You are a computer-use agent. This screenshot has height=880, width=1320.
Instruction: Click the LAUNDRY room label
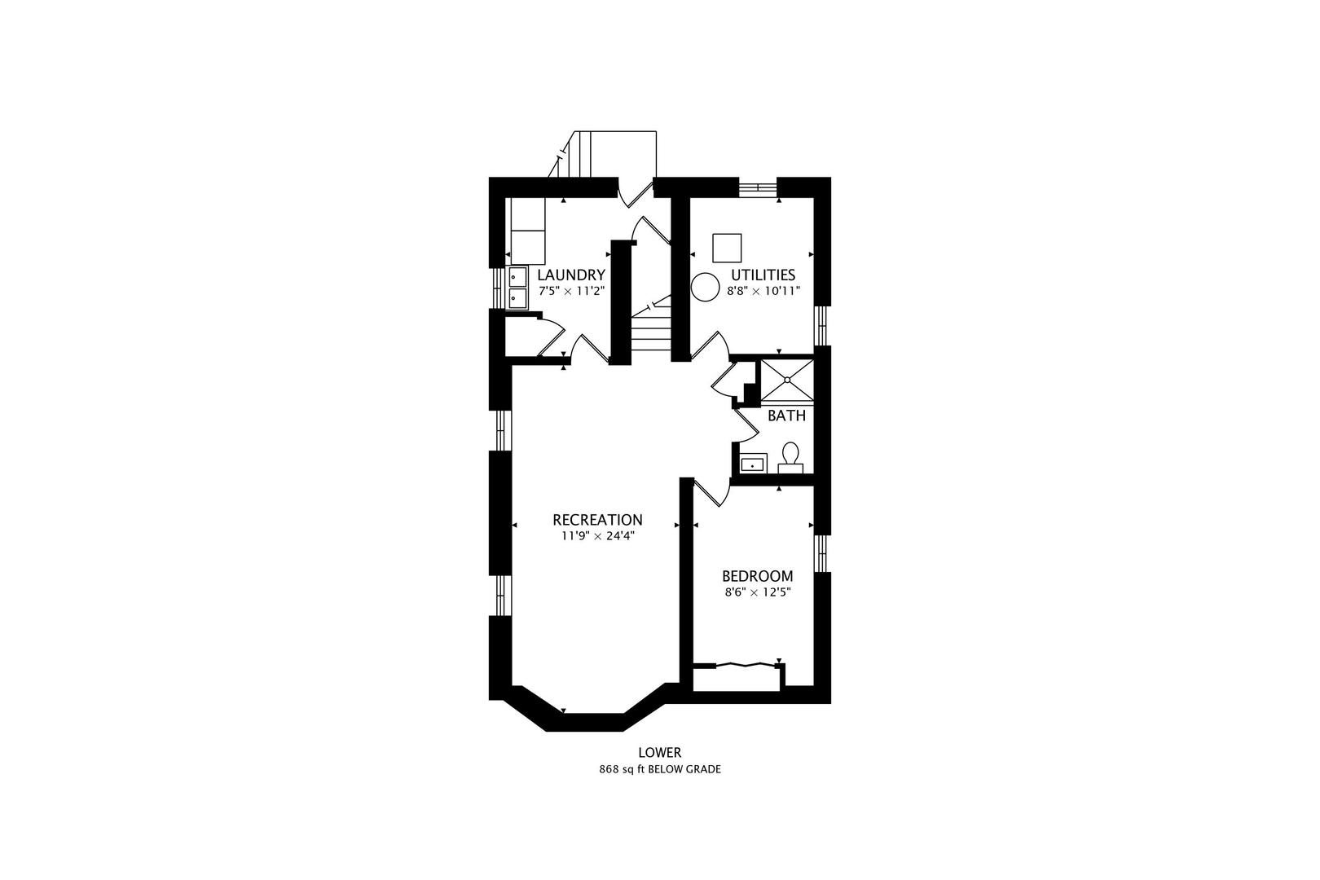571,275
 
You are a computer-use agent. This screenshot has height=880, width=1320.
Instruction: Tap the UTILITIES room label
763,275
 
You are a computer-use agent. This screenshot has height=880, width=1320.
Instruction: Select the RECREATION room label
597,520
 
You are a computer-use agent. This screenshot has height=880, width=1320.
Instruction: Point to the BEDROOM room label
758,576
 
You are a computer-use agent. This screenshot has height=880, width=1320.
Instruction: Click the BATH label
786,416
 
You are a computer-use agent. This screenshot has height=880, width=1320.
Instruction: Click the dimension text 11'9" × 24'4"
597,536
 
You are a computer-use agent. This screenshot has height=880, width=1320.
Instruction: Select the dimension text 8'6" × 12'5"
758,592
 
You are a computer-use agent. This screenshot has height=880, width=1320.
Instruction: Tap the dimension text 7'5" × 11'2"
572,291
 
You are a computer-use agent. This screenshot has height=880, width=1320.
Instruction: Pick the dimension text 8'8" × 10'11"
763,291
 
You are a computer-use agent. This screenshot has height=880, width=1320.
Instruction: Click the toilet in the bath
790,458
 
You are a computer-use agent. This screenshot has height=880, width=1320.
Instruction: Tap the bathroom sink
753,464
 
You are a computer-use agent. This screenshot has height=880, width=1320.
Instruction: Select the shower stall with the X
787,381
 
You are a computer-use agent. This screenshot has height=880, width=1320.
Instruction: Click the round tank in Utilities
706,287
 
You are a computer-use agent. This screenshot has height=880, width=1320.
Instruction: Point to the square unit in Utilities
727,249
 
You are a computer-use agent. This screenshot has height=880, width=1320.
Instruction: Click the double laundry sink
517,288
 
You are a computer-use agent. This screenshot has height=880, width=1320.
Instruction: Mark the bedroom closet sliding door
746,665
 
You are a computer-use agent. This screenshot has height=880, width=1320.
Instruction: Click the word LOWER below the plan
660,753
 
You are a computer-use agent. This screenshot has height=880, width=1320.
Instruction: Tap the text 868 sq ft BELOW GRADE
660,770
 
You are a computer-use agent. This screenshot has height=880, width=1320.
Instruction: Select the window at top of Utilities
758,187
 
